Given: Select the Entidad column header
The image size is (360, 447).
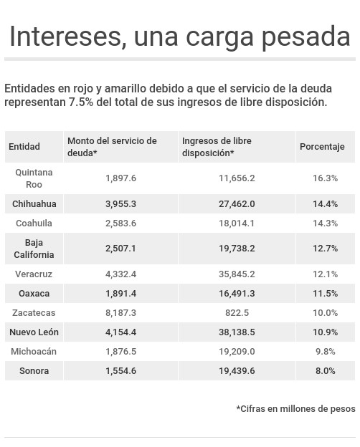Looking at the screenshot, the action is tap(24, 147).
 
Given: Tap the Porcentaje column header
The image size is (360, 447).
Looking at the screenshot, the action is tap(322, 147).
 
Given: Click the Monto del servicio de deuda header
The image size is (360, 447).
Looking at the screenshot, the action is tap(112, 147).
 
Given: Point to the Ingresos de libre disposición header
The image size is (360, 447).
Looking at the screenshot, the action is tap(217, 147).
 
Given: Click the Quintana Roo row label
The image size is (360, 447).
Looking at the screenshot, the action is tap(34, 178).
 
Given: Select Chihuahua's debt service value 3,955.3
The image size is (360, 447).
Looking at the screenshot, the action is tap(120, 204).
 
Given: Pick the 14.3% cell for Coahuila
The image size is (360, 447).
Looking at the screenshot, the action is tap(325, 223).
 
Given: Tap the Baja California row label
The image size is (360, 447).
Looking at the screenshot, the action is tap(34, 249).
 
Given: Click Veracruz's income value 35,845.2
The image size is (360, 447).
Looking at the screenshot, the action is tap(237, 274).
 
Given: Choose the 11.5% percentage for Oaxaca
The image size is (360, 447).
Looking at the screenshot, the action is tap(325, 294).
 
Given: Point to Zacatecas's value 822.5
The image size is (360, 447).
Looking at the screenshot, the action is tap(237, 313).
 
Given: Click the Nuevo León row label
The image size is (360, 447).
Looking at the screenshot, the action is tap(34, 332).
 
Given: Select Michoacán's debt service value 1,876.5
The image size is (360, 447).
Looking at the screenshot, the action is tap(120, 352).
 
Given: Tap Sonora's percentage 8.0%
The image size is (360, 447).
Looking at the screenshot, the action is tap(325, 371).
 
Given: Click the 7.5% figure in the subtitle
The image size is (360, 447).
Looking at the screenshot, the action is tap(81, 102).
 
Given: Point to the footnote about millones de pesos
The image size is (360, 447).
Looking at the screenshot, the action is tap(295, 409).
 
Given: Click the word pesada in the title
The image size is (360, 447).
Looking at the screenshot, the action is tap(306, 38).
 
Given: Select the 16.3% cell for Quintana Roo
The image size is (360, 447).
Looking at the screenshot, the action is tap(325, 178).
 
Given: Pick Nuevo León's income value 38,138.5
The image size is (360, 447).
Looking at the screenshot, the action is tap(237, 332).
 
